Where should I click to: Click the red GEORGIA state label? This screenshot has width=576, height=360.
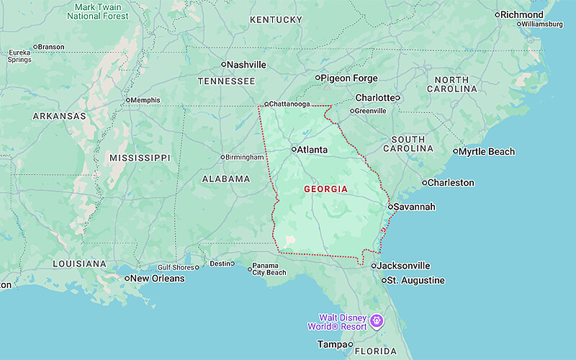coord(325,189)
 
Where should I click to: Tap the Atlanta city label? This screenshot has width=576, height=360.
coord(312,150)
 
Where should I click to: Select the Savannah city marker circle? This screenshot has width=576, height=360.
coord(390,207)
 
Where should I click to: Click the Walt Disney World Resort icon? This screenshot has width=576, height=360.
coord(376,320)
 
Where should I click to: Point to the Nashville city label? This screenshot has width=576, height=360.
coord(247,65)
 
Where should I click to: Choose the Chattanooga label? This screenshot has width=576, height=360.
coord(290,104)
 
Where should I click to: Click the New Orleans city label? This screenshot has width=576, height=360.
coord(158,279)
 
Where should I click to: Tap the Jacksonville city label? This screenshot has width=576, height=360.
coord(405,266)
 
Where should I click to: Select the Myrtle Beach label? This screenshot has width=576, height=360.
coord(487,152)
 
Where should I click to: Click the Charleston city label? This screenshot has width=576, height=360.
coord(451,183)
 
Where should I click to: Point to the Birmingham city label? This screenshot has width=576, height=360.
coord(246,157)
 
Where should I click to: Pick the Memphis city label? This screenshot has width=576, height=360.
coord(145,100)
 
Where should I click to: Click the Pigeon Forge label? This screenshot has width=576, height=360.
coord(348,78)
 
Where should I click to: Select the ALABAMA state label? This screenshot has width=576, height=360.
coord(226,179)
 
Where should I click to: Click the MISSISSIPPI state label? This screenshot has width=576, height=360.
coord(140,158)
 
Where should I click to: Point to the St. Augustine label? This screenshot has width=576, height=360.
coord(417,281)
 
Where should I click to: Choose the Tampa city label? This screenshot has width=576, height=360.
coord(332,344)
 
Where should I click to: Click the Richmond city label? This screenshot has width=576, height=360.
coord(521,14)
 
